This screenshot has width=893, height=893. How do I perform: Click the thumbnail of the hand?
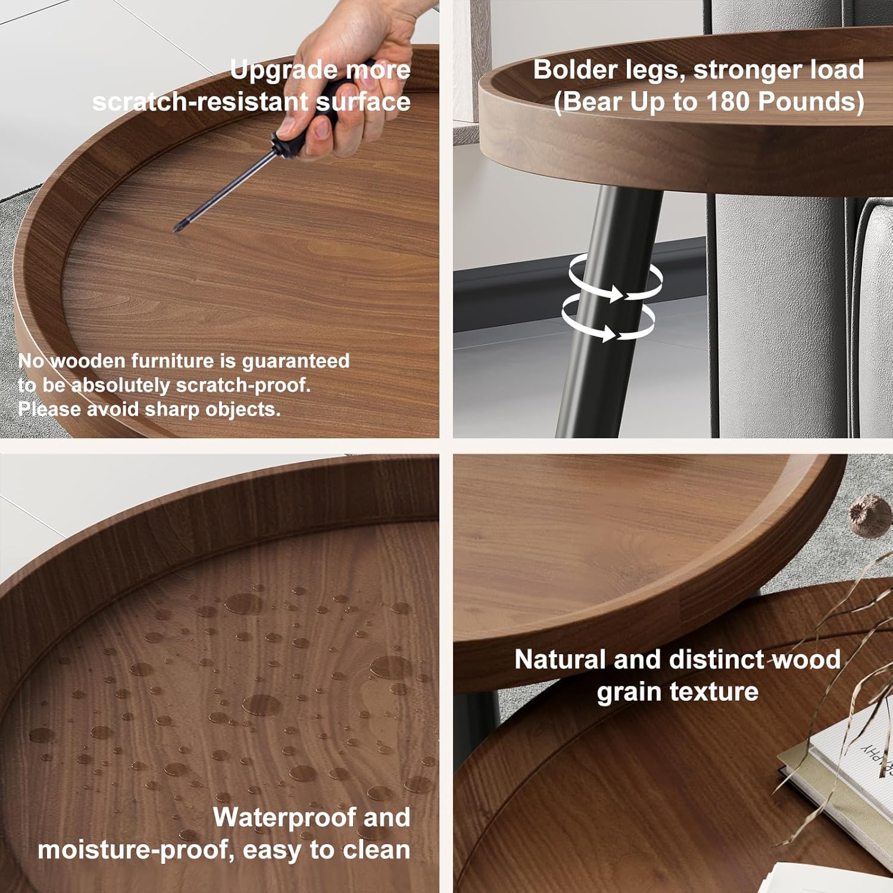pyautogui.click(x=322, y=127)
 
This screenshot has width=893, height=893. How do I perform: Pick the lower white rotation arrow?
pyautogui.click(x=607, y=322)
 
